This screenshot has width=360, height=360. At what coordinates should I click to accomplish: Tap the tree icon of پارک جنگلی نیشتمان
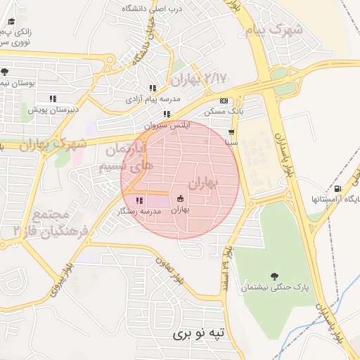(274, 276)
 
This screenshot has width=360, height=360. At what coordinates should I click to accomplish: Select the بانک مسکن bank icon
(224, 101)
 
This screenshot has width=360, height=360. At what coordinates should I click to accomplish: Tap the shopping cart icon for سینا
(232, 131)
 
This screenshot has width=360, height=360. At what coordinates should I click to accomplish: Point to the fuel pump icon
(337, 188)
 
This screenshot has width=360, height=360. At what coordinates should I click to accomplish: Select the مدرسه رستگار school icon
(139, 200)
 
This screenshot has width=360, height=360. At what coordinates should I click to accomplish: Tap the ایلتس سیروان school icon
(167, 114)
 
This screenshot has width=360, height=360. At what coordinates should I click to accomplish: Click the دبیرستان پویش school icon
(52, 98)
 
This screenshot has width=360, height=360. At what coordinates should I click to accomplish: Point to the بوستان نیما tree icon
(5, 72)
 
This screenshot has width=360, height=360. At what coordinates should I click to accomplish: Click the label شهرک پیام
(277, 30)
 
